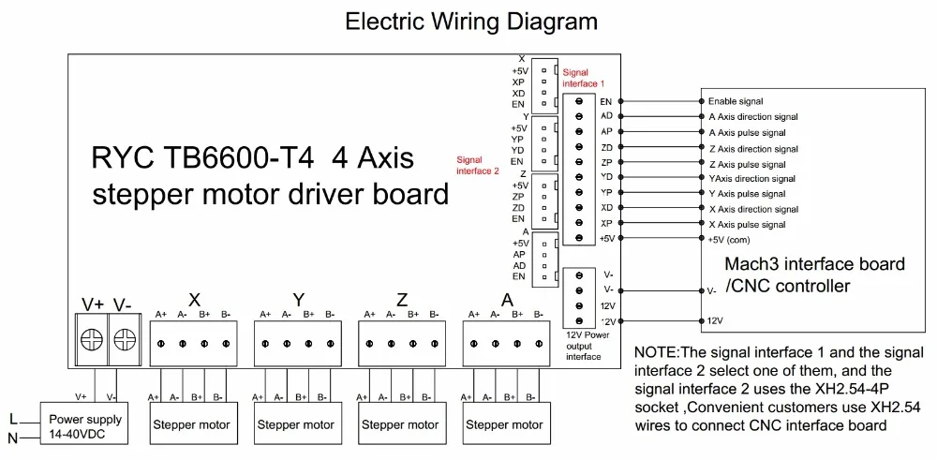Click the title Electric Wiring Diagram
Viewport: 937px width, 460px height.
(x=471, y=22)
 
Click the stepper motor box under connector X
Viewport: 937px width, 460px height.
(x=190, y=424)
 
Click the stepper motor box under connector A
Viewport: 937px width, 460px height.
(x=504, y=424)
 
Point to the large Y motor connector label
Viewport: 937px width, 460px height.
(x=299, y=300)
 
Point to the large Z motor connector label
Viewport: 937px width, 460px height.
(x=402, y=300)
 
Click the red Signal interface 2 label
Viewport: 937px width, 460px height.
(x=478, y=165)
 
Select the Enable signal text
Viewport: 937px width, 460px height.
(x=736, y=101)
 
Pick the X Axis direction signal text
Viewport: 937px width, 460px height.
(x=753, y=209)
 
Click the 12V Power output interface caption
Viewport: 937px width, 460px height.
(x=584, y=345)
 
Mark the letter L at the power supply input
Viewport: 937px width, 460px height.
(x=13, y=418)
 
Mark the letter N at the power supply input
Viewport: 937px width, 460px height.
(x=13, y=437)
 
